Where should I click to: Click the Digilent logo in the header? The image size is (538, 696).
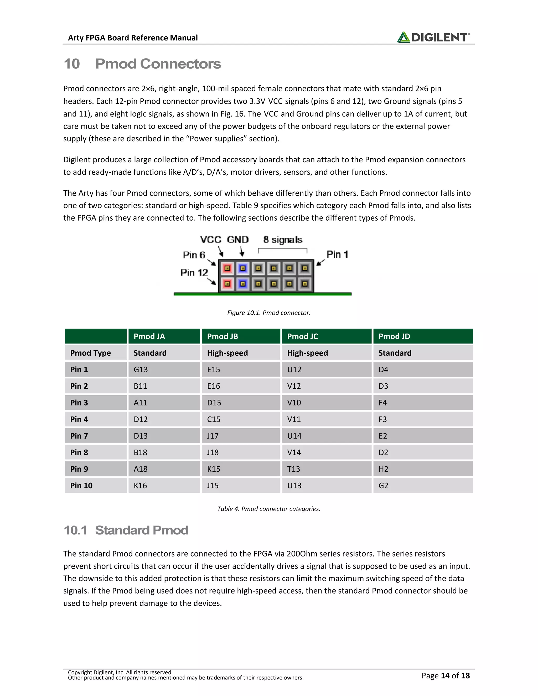[433, 37]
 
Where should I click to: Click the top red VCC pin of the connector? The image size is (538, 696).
[227, 268]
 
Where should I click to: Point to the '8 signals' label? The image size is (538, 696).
[282, 240]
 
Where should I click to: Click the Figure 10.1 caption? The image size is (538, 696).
[269, 313]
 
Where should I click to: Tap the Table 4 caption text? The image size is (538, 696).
[269, 509]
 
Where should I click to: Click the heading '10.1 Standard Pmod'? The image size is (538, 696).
[126, 530]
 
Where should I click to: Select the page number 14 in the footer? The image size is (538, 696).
[445, 676]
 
